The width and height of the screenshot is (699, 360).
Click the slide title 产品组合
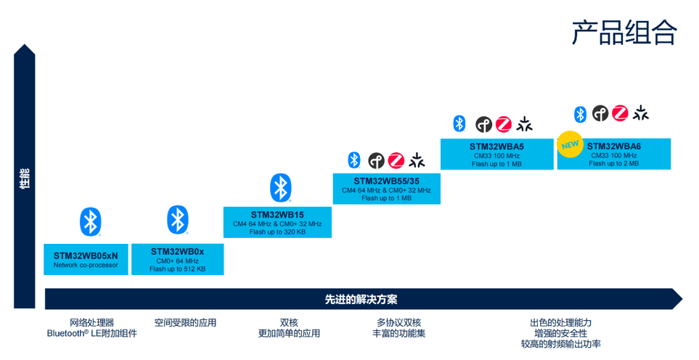624,32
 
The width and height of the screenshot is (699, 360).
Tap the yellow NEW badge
570,144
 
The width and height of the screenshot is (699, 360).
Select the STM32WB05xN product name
86,255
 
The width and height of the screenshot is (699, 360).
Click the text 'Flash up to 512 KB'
177,269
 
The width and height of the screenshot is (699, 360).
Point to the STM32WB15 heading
277,215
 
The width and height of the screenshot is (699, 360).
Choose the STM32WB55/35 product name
386,181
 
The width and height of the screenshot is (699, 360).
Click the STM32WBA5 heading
496,147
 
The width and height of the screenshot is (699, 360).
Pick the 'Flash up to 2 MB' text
614,163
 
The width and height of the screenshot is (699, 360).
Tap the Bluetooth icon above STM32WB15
280,187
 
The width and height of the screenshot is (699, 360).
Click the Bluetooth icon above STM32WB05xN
91,221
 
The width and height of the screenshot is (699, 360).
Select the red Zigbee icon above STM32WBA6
620,113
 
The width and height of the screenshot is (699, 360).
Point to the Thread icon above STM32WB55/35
376,160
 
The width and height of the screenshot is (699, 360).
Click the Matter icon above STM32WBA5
524,124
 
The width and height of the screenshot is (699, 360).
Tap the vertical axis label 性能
25,179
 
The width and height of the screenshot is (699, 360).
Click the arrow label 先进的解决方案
361,300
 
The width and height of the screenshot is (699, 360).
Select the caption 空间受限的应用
185,322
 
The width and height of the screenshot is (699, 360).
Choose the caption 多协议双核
399,322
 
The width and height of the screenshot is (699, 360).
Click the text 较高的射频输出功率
561,344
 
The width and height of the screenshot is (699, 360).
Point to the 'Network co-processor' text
86,265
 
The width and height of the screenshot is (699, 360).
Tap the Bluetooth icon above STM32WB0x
177,220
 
